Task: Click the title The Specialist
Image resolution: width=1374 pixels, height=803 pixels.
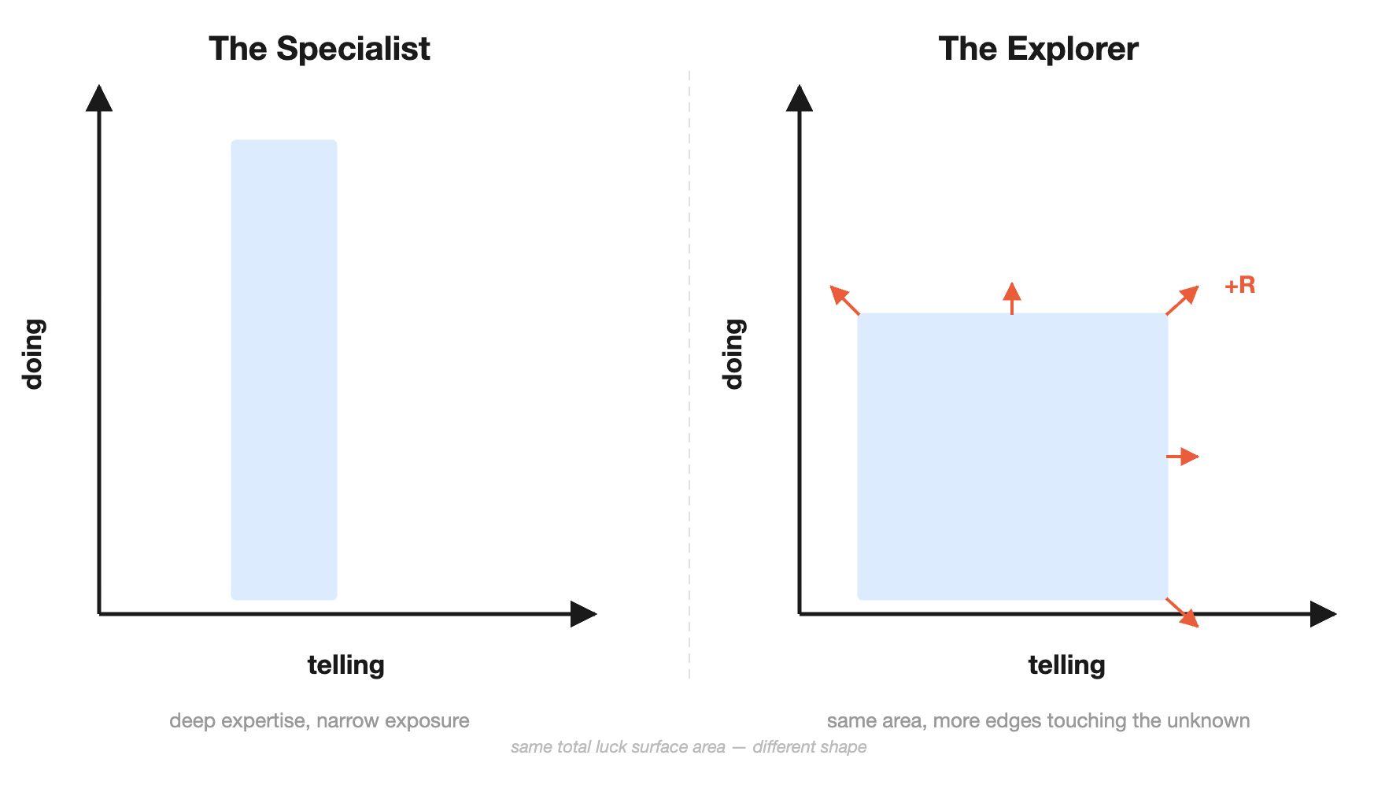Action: (x=319, y=49)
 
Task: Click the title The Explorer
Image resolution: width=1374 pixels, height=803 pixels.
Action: (x=1038, y=49)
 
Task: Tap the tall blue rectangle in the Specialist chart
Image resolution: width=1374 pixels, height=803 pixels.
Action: (x=284, y=369)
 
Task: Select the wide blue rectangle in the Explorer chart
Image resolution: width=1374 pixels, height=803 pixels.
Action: (x=1012, y=456)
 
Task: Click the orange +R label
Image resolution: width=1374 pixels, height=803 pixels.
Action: (x=1239, y=285)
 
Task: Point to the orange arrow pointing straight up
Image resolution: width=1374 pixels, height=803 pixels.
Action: (x=1012, y=298)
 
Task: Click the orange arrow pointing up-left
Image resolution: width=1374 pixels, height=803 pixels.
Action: (x=844, y=300)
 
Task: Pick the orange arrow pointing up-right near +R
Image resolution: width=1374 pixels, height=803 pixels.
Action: (x=1183, y=300)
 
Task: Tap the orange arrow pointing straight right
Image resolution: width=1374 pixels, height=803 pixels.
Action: (x=1183, y=457)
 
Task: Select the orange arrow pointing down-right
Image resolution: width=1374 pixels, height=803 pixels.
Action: (x=1183, y=612)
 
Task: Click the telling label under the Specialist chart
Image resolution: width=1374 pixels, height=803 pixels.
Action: (x=345, y=665)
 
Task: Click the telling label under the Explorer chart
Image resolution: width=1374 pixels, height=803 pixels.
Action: (x=1066, y=665)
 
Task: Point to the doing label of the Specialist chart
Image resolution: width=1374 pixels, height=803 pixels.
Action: (x=33, y=354)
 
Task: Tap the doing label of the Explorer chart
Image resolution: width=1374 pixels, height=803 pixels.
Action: (x=733, y=354)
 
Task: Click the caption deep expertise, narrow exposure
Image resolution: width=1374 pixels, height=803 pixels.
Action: (x=319, y=720)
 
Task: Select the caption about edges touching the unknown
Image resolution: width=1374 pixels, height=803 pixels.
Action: (x=1038, y=720)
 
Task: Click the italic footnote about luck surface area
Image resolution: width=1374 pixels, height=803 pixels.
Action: (x=688, y=747)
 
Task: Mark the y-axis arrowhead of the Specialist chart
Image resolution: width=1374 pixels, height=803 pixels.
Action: (x=99, y=99)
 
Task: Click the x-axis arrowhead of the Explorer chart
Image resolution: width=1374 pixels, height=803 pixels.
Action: (x=1322, y=614)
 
